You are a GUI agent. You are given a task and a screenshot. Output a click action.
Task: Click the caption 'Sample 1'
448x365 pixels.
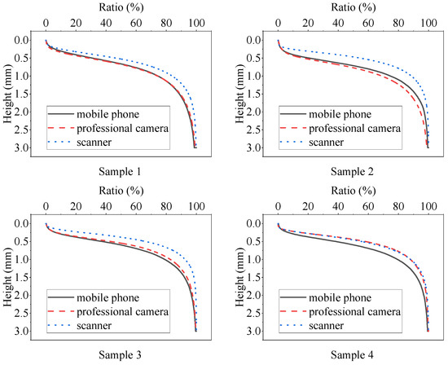pyautogui.click(x=121, y=172)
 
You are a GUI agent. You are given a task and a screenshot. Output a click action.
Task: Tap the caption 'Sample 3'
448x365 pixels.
pyautogui.click(x=121, y=354)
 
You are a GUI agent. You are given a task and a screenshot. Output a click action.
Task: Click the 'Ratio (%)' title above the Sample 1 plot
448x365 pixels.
pyautogui.click(x=121, y=7)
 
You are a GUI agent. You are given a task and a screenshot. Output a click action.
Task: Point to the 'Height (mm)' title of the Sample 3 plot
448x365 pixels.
pyautogui.click(x=7, y=275)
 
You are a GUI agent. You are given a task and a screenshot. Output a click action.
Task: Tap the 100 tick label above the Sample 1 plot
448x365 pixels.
pyautogui.click(x=195, y=24)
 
